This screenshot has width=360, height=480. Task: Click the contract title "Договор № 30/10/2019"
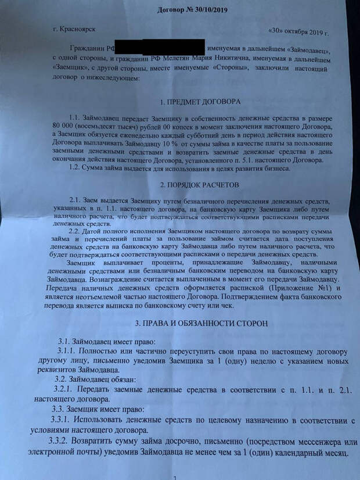click(x=192, y=10)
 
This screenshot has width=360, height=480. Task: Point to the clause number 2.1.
click(x=76, y=199)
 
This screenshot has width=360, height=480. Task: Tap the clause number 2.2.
click(x=75, y=231)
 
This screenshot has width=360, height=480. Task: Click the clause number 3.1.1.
click(x=69, y=352)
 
